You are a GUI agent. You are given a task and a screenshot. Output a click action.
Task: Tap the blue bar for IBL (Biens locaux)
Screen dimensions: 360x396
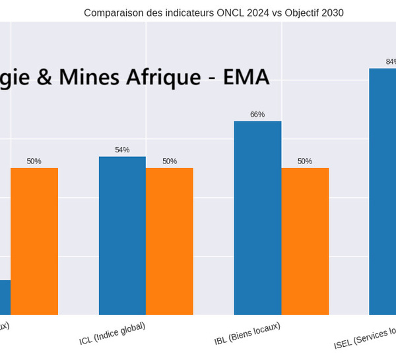(x=257, y=218)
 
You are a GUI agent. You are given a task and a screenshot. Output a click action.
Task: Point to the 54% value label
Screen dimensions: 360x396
(x=122, y=150)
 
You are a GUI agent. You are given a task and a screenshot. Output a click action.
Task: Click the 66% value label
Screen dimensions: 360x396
(x=257, y=115)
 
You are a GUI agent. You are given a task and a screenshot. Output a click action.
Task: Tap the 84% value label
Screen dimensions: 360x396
(x=391, y=62)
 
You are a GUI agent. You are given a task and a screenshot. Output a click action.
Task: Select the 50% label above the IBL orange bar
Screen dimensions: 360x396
(x=305, y=162)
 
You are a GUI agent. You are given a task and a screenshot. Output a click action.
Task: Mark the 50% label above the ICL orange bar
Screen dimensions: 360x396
(x=170, y=162)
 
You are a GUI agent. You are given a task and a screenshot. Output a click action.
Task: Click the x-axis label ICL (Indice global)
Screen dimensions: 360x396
(x=112, y=334)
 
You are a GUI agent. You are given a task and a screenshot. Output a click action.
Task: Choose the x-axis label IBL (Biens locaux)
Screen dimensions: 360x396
(x=247, y=334)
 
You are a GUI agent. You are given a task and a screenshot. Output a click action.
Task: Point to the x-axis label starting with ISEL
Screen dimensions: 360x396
(x=366, y=336)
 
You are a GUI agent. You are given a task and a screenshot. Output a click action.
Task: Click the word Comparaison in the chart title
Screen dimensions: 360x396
(x=110, y=13)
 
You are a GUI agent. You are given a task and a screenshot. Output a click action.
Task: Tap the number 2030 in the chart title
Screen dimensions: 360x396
(x=331, y=13)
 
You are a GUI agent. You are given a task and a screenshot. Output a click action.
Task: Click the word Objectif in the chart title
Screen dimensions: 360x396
(x=300, y=13)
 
